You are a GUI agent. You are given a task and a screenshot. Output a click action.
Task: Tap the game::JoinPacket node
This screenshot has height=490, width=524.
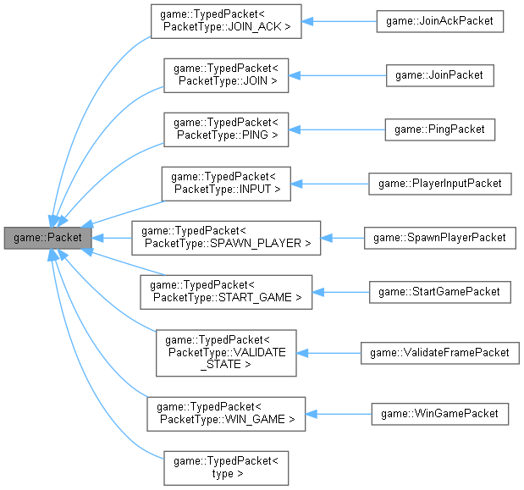tap(439, 75)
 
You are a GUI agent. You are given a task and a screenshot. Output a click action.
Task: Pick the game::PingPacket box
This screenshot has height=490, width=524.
tap(439, 129)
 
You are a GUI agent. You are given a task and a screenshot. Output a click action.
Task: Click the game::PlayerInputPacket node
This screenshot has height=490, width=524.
tap(439, 183)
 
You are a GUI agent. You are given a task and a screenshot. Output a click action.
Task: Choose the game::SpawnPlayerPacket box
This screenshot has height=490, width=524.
tap(439, 238)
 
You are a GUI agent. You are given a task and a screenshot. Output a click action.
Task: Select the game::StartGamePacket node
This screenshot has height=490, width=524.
tap(439, 292)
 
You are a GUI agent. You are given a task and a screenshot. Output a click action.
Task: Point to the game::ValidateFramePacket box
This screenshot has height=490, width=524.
tap(439, 353)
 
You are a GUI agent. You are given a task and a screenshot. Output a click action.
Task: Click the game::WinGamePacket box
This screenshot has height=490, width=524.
tap(439, 413)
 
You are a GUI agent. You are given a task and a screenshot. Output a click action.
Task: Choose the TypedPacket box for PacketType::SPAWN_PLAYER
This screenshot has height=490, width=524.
tap(226, 238)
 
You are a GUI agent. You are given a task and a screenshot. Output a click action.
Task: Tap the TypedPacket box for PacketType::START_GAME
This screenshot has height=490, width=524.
tap(226, 292)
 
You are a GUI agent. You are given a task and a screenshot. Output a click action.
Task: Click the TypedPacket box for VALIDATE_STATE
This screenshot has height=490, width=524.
tap(226, 353)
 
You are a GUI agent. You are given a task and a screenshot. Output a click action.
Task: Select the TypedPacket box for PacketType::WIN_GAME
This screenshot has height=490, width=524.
tap(226, 413)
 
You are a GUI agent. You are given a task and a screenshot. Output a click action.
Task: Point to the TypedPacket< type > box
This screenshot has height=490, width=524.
tap(226, 467)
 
